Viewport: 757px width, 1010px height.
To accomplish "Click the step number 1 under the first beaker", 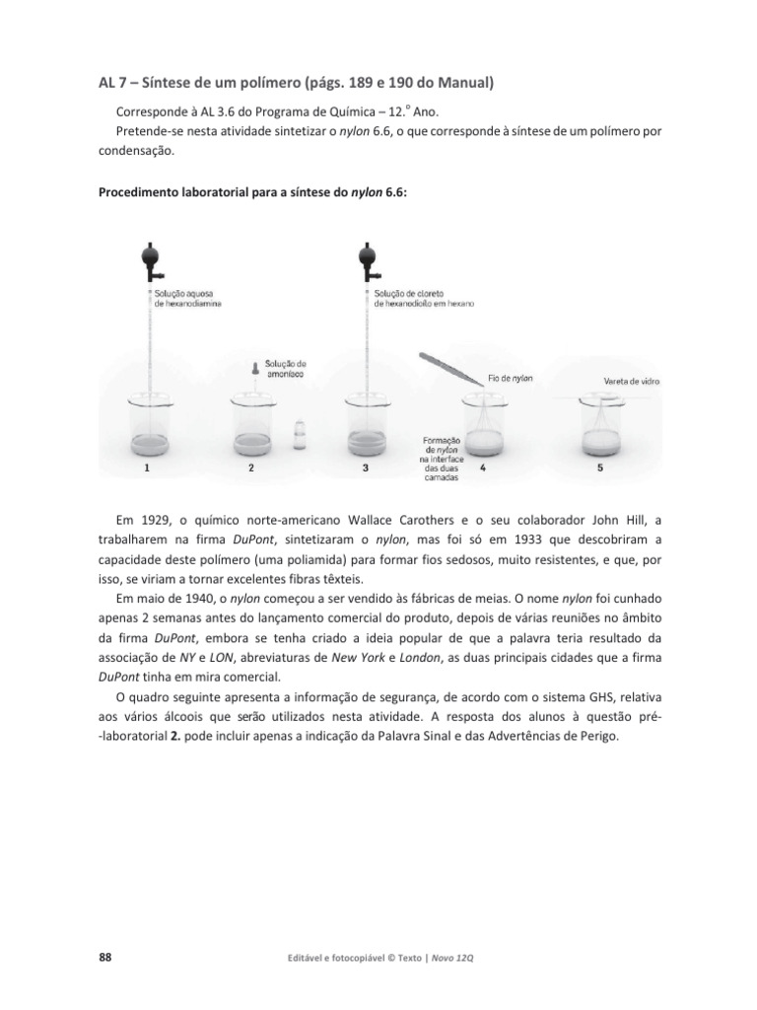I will [147, 469].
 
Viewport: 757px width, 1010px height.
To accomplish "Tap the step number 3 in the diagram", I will [366, 469].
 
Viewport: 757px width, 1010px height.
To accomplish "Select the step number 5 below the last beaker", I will [601, 469].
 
